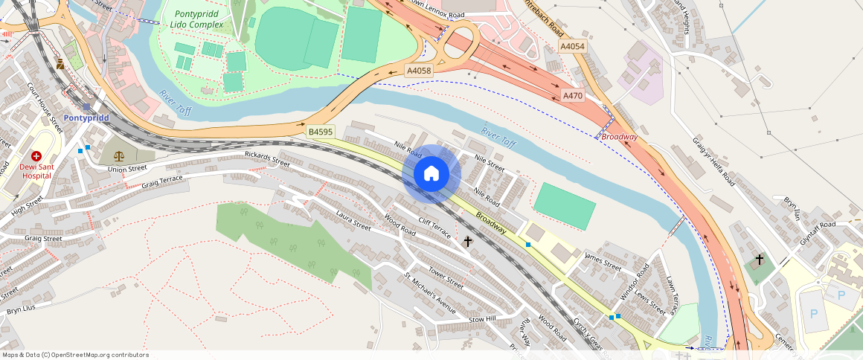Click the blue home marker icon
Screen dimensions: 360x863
click(431, 174)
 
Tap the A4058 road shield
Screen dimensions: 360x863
click(417, 71)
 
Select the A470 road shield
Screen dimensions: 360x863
click(573, 95)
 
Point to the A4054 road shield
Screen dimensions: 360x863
click(572, 47)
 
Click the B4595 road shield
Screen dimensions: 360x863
click(321, 132)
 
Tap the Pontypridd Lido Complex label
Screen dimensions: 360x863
click(199, 19)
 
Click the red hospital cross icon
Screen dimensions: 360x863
click(36, 156)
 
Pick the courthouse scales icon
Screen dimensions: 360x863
click(119, 155)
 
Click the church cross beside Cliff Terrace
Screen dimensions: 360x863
click(468, 241)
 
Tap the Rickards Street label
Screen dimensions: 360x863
click(267, 158)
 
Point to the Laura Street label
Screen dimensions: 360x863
click(353, 221)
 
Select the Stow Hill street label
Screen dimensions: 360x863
click(482, 319)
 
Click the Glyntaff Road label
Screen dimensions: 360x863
click(818, 224)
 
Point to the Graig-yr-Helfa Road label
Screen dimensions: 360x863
click(713, 161)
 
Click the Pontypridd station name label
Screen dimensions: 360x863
click(86, 118)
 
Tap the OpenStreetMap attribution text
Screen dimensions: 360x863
click(74, 355)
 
